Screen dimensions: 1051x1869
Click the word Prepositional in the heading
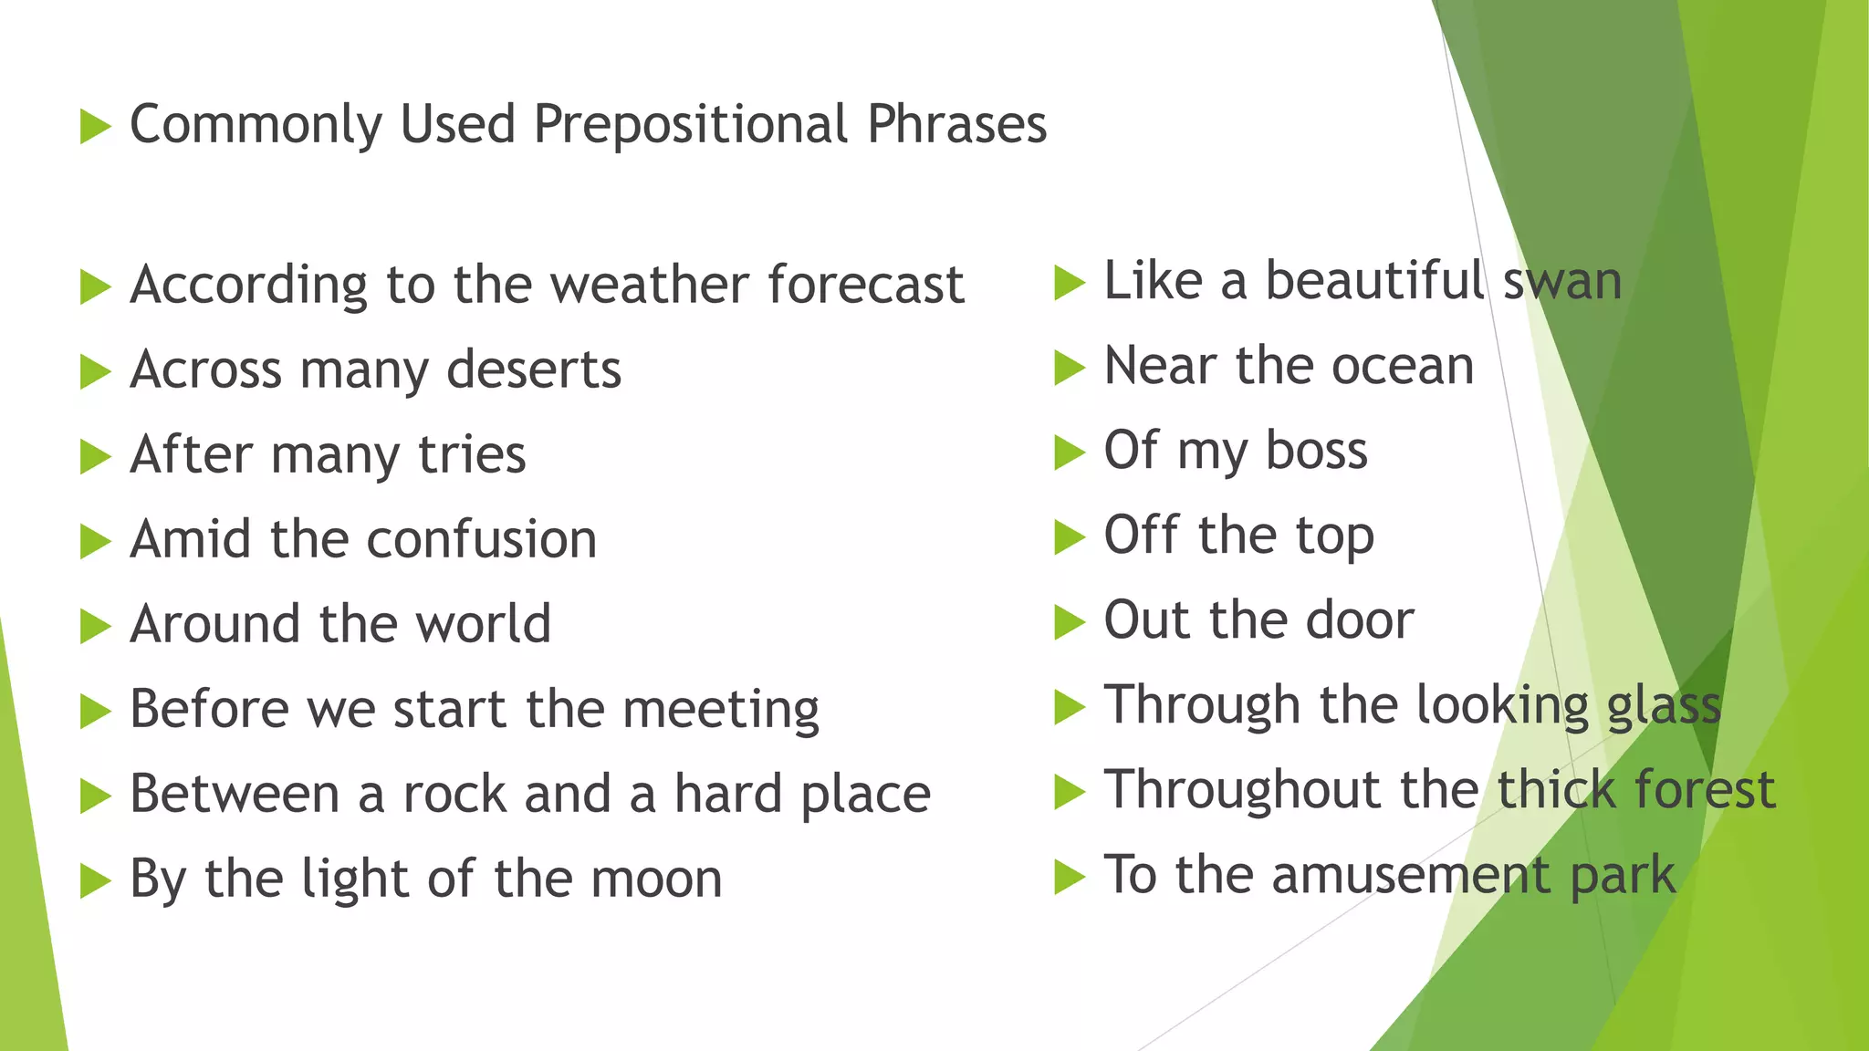coord(692,125)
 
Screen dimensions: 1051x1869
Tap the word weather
coord(651,285)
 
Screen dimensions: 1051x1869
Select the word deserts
coord(534,369)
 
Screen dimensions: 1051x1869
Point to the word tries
coord(472,454)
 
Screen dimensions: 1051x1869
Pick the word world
coord(483,624)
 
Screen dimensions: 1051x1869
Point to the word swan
coord(1562,281)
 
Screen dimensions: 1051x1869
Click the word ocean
coord(1403,366)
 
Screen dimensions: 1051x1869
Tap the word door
coord(1360,620)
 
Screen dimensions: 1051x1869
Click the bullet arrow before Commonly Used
coord(95,126)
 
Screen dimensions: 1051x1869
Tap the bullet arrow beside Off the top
coord(1069,536)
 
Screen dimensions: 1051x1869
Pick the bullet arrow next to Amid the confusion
coord(95,541)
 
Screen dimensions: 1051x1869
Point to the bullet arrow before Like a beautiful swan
coord(1069,282)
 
